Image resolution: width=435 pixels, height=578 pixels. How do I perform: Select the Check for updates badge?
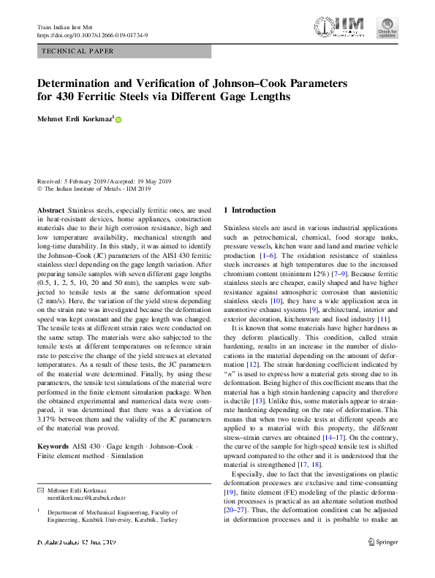coord(387,28)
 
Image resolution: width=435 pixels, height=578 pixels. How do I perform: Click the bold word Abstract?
coord(50,210)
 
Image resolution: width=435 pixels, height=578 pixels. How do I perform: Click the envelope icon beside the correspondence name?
coord(40,488)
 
